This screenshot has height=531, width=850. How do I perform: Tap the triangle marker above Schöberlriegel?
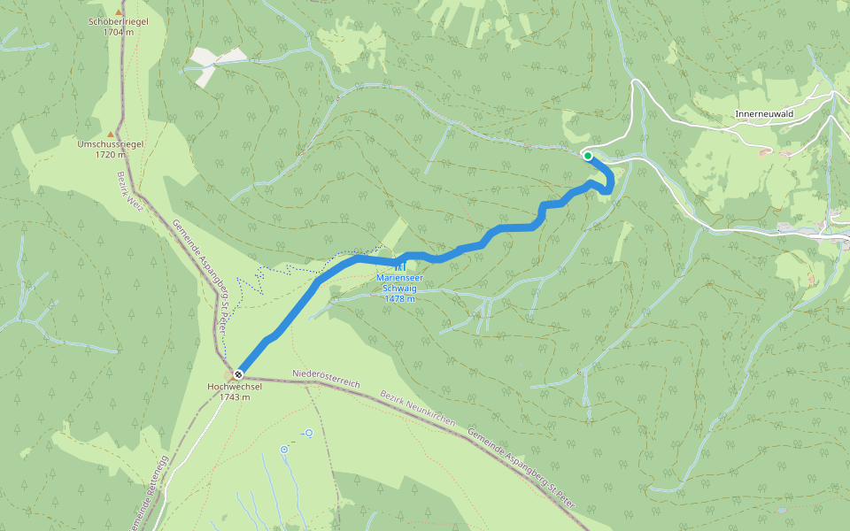[x=118, y=11]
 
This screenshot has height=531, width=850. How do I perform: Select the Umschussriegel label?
[x=111, y=143]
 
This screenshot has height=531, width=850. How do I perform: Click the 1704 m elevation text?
[x=118, y=32]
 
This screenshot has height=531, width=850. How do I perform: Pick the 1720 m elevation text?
[x=111, y=154]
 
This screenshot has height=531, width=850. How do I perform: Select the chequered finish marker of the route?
[x=238, y=373]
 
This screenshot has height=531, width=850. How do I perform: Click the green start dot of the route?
[x=587, y=156]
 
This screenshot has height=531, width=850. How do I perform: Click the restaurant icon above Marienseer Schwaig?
[x=399, y=266]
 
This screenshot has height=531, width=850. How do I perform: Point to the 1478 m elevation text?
[x=399, y=298]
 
